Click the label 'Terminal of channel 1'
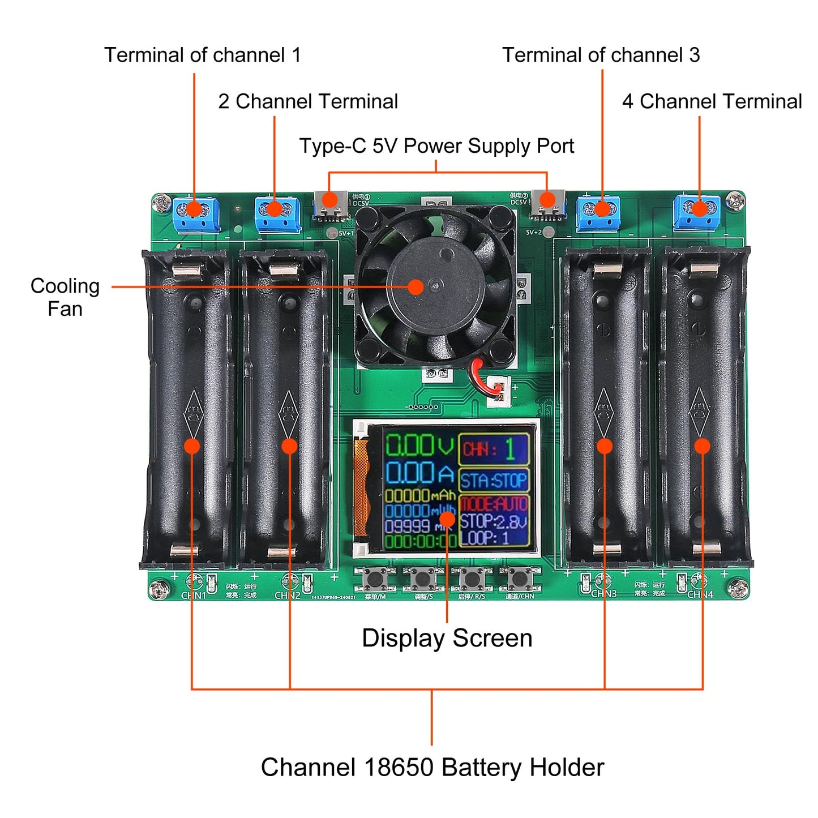point(202,55)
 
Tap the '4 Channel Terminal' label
point(712,101)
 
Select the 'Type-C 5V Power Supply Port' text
point(436,146)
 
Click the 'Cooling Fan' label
point(65,297)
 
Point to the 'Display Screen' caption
point(447,638)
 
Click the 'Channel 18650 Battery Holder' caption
point(432,768)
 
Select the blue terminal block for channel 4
point(697,212)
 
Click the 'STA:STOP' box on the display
point(493,481)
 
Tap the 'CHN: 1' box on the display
point(494,449)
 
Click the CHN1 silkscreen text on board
point(193,596)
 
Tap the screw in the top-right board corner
point(735,199)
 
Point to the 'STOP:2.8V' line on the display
point(493,521)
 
